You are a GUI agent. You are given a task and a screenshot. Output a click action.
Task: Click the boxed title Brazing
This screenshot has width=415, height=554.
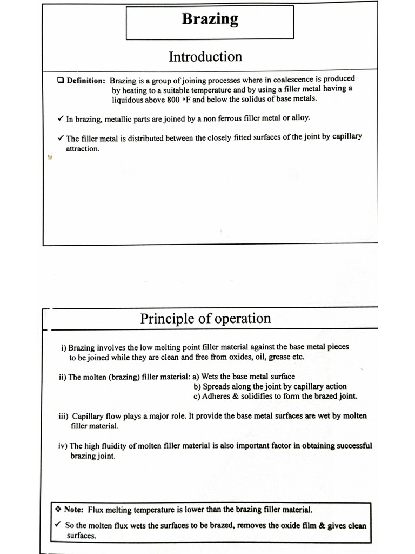210,19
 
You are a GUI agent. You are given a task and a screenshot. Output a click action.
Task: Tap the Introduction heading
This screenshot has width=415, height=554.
205,57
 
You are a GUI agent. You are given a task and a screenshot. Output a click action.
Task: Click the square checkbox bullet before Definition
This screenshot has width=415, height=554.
61,81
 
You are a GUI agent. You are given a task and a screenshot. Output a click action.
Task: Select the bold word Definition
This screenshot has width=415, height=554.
85,81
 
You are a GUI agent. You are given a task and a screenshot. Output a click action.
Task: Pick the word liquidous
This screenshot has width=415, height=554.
128,100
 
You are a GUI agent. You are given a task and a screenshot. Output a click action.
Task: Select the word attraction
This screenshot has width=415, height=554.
83,149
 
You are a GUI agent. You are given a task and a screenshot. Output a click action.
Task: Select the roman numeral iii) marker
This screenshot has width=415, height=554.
64,416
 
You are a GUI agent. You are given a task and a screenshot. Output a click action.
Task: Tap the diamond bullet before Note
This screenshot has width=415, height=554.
58,509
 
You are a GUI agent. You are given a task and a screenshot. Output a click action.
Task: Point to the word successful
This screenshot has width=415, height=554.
351,445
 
